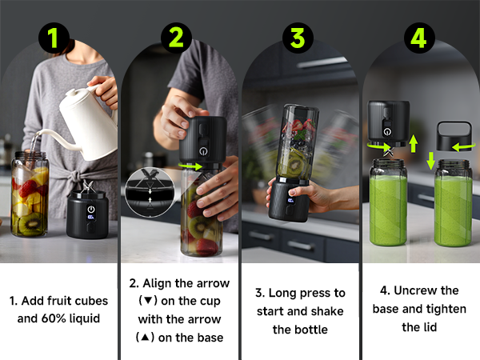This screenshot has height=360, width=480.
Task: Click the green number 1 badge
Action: click(x=58, y=38)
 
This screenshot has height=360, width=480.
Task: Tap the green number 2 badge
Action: click(x=177, y=38)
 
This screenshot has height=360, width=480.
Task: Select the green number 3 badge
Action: click(x=298, y=38)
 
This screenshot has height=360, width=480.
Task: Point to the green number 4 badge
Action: click(x=418, y=38)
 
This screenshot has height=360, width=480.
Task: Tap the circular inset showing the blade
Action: click(x=146, y=189)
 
